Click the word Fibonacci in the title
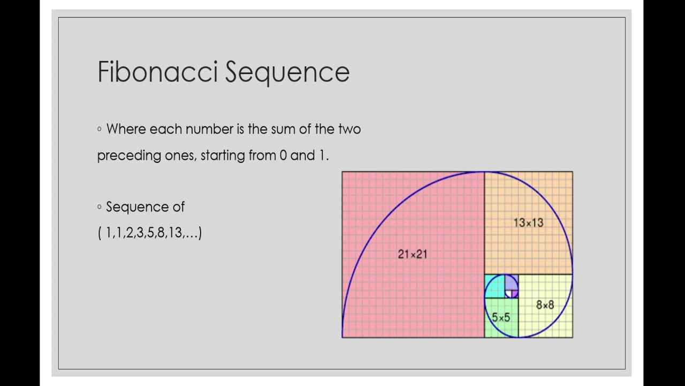point(158,72)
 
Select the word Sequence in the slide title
point(287,72)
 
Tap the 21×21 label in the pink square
point(413,254)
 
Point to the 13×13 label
point(528,222)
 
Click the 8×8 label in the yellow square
point(545,305)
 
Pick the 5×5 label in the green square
point(501,317)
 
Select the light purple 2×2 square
point(511,281)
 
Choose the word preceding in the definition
point(129,155)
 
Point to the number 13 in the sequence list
point(175,233)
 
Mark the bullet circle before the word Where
point(100,129)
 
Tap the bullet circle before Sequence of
point(100,207)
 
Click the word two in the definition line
point(349,129)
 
